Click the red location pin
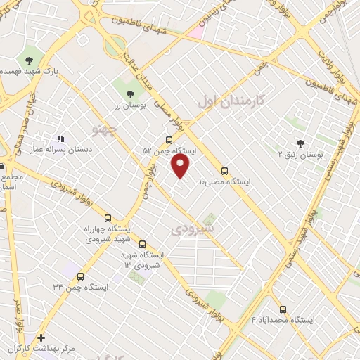point(181,166)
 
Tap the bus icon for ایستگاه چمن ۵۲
point(169,140)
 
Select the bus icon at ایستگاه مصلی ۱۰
point(225,171)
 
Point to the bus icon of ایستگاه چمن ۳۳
point(81,276)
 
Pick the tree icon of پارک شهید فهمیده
point(30,60)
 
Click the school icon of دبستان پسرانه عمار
point(60,138)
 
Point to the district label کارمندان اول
point(229,101)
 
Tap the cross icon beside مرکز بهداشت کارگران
point(41,337)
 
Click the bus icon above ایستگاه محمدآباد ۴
point(283,309)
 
